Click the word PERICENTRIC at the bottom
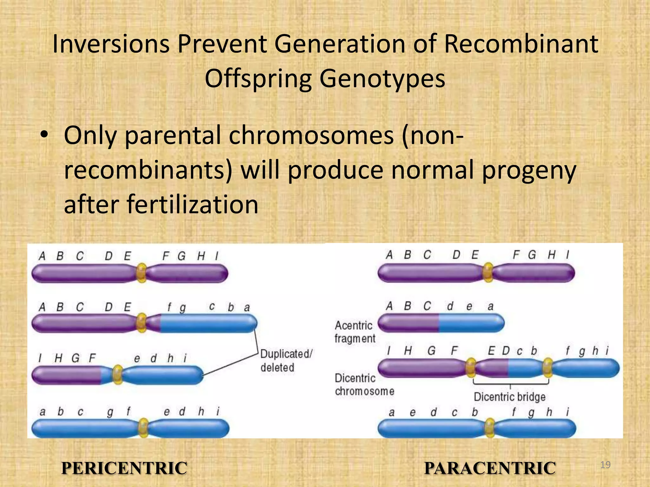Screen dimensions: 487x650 click(124, 468)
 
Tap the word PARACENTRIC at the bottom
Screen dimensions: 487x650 click(490, 468)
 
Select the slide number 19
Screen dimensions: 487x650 click(605, 465)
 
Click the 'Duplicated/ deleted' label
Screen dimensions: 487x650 click(286, 361)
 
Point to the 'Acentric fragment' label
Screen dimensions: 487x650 click(355, 332)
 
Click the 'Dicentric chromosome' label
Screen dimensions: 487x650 click(364, 385)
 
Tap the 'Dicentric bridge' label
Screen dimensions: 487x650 click(509, 397)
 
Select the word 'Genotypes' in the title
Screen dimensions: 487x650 click(382, 79)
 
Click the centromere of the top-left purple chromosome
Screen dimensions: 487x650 click(141, 273)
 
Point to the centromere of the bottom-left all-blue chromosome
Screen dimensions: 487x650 click(143, 428)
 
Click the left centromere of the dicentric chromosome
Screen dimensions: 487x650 click(471, 368)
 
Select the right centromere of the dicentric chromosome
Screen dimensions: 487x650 click(547, 368)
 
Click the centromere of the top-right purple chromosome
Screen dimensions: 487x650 click(488, 272)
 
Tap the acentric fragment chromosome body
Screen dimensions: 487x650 click(441, 323)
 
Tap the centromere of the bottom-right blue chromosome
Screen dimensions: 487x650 click(490, 428)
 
